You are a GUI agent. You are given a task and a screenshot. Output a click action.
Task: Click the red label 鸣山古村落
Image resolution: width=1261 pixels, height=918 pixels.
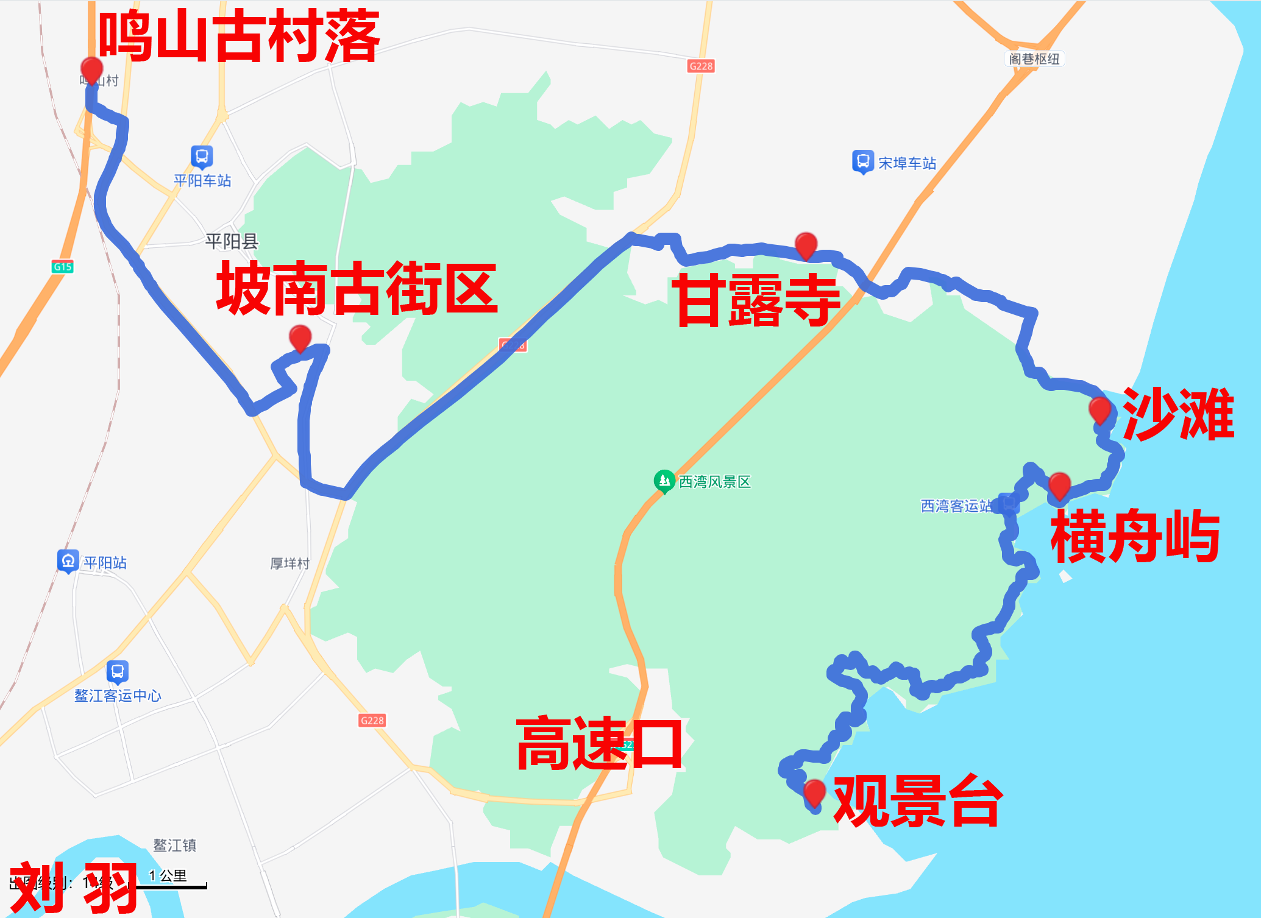pos(239,37)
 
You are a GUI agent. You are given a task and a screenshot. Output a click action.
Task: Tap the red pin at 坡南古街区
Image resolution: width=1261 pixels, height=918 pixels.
pos(300,337)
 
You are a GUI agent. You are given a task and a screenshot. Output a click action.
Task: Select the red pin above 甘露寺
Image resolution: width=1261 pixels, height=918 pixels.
pos(806,244)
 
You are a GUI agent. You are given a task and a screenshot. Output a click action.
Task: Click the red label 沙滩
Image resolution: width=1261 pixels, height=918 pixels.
pos(1178,414)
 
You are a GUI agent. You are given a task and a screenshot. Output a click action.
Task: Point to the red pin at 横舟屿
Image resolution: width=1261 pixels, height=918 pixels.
pos(1059,485)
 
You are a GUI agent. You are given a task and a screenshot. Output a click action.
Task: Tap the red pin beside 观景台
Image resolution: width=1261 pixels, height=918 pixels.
pos(814,793)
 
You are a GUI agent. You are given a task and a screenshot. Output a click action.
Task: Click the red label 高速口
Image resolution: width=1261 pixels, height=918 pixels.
pos(599,744)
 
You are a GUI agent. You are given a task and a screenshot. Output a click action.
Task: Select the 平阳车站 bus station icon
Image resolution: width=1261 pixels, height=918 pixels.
pos(202,157)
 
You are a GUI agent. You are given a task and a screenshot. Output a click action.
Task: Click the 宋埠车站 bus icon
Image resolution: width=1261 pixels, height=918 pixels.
pos(862,161)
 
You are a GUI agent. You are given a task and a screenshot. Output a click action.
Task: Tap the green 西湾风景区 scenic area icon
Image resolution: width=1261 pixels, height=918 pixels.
pos(664,481)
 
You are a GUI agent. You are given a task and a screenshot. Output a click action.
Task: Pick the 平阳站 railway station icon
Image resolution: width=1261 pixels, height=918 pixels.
pos(68,560)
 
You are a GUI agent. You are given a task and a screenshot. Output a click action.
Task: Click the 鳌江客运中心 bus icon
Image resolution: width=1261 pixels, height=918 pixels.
pos(118,671)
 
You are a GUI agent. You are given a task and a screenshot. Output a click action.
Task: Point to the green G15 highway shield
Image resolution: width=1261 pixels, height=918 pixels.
pos(62,266)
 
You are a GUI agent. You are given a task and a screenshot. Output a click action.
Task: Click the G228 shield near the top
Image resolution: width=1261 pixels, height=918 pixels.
pos(701,66)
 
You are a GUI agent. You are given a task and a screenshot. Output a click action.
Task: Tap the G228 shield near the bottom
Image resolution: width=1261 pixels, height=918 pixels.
pos(372,720)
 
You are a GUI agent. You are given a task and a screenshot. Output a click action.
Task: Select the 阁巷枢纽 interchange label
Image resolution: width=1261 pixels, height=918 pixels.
pos(1034,58)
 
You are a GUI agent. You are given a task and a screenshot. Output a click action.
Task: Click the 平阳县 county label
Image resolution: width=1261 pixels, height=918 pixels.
pos(232,242)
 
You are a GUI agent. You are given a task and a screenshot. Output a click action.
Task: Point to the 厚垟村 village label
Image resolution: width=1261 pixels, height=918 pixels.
pos(290,563)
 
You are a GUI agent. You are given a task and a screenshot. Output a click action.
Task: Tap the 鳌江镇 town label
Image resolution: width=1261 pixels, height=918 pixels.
pos(174,845)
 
